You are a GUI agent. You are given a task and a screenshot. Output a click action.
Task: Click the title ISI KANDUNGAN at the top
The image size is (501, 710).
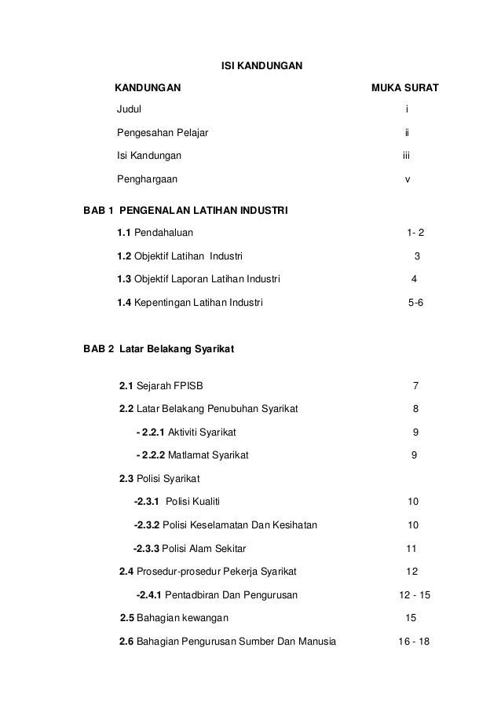click(x=258, y=62)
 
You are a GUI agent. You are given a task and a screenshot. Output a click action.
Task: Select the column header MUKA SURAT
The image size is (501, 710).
click(x=404, y=86)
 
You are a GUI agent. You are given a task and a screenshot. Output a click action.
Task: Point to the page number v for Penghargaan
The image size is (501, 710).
click(x=407, y=179)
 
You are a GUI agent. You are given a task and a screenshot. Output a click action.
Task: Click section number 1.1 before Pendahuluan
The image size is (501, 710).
click(x=124, y=234)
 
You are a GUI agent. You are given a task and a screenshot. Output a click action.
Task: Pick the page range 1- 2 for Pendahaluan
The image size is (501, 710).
click(x=417, y=234)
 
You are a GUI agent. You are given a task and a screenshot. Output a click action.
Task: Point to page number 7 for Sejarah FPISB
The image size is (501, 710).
click(x=415, y=386)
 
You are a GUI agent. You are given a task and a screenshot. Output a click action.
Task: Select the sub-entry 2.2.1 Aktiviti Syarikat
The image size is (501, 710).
click(x=186, y=432)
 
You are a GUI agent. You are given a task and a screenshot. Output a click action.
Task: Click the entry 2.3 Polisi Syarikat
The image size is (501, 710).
click(x=159, y=478)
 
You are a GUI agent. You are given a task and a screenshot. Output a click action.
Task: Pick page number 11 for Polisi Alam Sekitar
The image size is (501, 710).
click(x=411, y=548)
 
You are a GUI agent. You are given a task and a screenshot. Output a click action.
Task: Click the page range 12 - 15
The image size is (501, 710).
click(x=415, y=594)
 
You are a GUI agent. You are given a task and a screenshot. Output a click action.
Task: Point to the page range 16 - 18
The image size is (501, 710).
click(x=415, y=641)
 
